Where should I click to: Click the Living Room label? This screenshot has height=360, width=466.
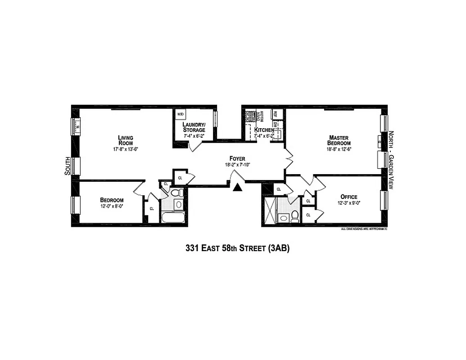pyautogui.click(x=126, y=140)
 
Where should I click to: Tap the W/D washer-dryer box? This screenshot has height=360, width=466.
pyautogui.click(x=181, y=114)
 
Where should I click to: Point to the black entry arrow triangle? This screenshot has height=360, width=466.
pyautogui.click(x=238, y=186)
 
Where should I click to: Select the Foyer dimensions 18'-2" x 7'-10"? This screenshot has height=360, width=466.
pyautogui.click(x=237, y=165)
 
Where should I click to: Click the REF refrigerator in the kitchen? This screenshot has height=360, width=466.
pyautogui.click(x=276, y=114)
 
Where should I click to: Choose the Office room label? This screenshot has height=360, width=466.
pyautogui.click(x=349, y=197)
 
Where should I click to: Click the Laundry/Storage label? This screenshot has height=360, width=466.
pyautogui.click(x=194, y=127)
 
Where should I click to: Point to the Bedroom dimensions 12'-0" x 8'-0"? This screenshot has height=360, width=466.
pyautogui.click(x=112, y=206)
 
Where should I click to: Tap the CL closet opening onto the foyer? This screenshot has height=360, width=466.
pyautogui.click(x=180, y=177)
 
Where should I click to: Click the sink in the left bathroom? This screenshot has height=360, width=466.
pyautogui.click(x=178, y=204)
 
